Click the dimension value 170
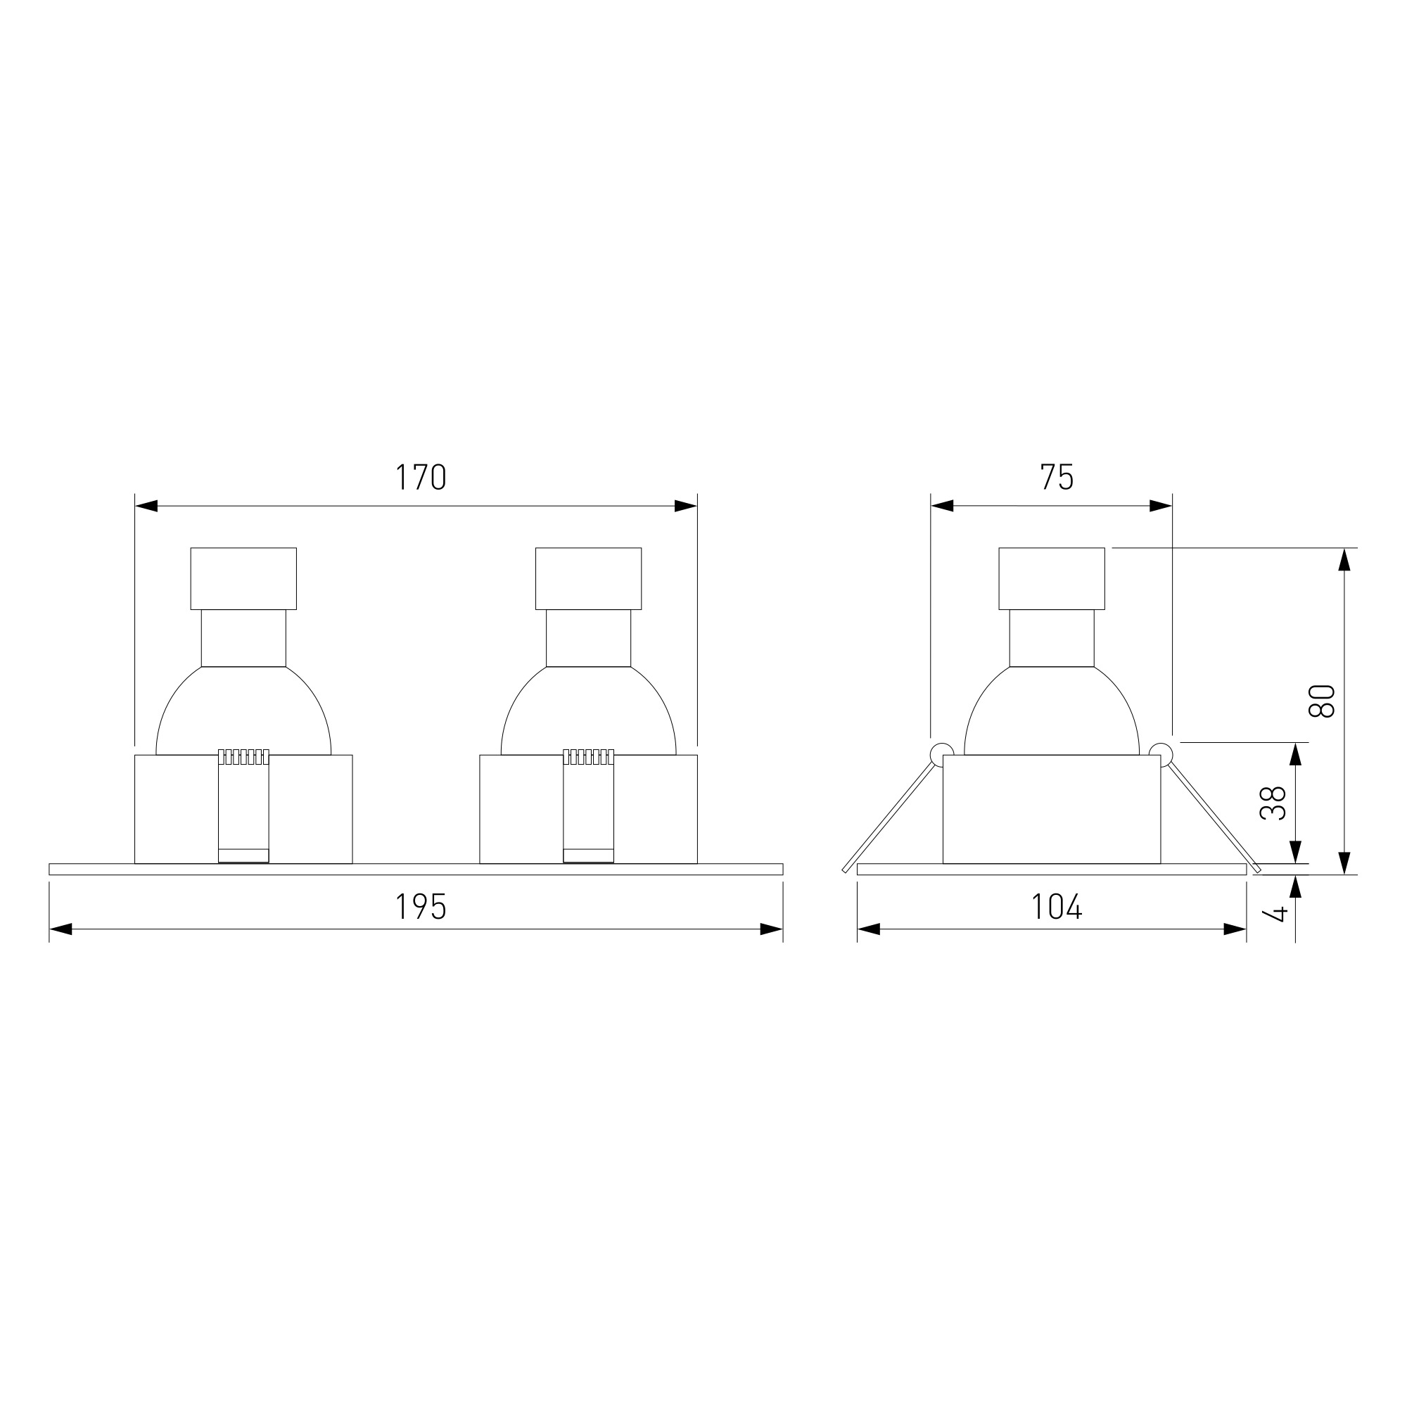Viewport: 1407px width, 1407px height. (x=420, y=477)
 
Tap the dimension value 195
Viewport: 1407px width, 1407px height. (x=420, y=907)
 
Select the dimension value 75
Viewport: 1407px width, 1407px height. (x=1057, y=477)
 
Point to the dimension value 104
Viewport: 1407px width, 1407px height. (x=1057, y=907)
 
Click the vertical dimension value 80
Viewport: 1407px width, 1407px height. (x=1322, y=701)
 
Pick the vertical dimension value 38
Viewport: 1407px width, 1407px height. (x=1274, y=803)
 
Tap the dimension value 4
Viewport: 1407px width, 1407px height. (x=1280, y=912)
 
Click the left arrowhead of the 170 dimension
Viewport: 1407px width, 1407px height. (x=146, y=506)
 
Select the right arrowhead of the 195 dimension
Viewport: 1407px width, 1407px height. (x=771, y=929)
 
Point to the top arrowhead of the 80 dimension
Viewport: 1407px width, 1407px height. (x=1345, y=559)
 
